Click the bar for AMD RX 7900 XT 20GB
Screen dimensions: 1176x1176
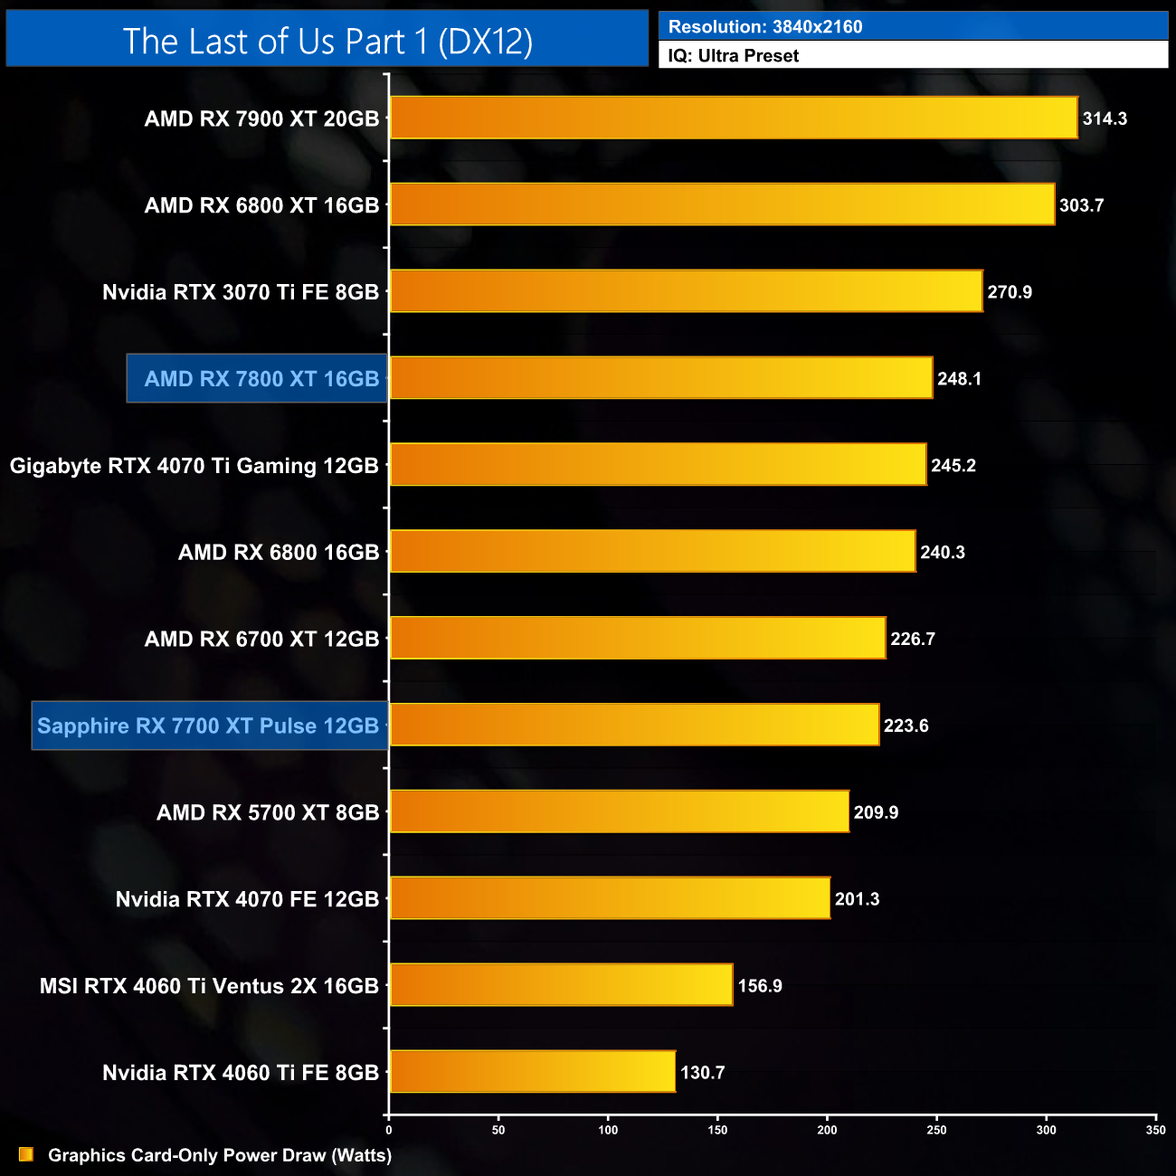[x=733, y=118]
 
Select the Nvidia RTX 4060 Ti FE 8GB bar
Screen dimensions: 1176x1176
[x=532, y=1072]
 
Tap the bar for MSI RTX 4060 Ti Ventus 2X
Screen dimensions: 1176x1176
[x=561, y=985]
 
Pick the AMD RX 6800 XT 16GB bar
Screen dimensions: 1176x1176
[x=722, y=204]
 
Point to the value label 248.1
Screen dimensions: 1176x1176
[x=959, y=379]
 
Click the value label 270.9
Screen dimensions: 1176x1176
[x=1010, y=292]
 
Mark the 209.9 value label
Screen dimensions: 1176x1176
[x=876, y=812]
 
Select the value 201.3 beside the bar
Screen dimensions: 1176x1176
[x=857, y=899]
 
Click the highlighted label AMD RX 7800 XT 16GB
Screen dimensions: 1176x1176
[x=261, y=379]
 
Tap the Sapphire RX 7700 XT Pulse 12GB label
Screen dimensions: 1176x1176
[x=208, y=726]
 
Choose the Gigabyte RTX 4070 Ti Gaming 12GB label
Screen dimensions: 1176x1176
[x=194, y=466]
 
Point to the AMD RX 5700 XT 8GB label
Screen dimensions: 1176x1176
[x=268, y=812]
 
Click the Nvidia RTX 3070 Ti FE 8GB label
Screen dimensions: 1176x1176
[x=241, y=292]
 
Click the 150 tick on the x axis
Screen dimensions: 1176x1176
[x=717, y=1130]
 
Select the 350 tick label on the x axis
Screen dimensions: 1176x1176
[x=1155, y=1130]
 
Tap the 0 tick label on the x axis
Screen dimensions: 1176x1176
[x=389, y=1130]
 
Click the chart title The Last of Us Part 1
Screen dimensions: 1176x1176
[x=327, y=41]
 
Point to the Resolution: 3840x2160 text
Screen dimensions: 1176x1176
[x=765, y=26]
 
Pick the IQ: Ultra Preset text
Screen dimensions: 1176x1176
[x=733, y=56]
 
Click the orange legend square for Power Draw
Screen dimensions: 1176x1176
[x=26, y=1154]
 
